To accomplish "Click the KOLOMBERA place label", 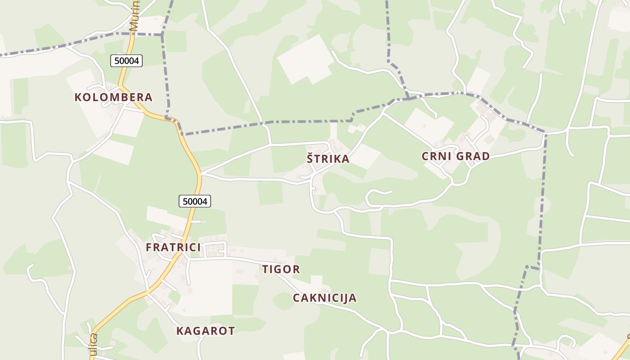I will click(113, 97).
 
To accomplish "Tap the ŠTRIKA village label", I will click(328, 159).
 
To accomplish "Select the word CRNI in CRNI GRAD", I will click(436, 157).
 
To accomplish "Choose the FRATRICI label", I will click(173, 247).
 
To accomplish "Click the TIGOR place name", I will click(281, 270).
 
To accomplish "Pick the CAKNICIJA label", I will click(324, 298).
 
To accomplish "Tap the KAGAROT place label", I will click(205, 331).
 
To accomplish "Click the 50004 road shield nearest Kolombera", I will click(126, 61).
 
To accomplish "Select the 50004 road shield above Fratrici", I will click(195, 201).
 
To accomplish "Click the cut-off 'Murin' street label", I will click(134, 16).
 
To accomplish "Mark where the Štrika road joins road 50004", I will click(201, 173).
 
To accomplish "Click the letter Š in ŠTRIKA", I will click(310, 159).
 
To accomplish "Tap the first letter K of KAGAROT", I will click(180, 331).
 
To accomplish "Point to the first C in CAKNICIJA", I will click(297, 298).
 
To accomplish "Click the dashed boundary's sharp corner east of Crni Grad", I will click(545, 134).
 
